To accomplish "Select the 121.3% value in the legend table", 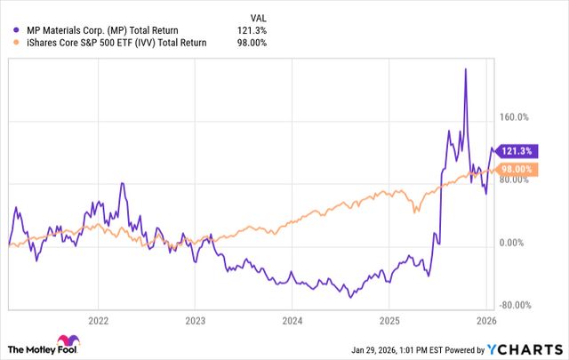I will [x=253, y=29].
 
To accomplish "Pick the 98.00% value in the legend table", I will [x=252, y=43].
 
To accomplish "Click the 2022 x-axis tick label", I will [x=98, y=320].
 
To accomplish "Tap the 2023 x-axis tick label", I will [x=196, y=320].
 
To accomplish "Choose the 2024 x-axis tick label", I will [x=293, y=320].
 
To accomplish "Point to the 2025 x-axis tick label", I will [x=390, y=320].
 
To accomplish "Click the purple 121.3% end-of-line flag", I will [x=517, y=150].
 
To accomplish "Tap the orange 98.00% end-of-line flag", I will [x=517, y=169].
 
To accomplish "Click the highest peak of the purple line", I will [x=465, y=68].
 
